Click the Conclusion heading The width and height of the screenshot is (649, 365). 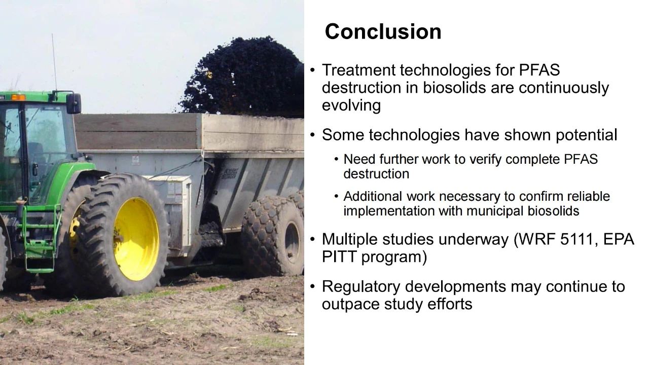click(383, 31)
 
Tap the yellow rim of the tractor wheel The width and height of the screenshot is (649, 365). click(136, 239)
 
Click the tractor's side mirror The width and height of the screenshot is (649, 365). click(74, 103)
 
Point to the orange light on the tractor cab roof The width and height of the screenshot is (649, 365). click(18, 97)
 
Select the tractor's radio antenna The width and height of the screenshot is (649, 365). click(54, 62)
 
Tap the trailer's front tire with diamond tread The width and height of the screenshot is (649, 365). click(272, 235)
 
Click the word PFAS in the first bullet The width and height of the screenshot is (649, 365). click(539, 70)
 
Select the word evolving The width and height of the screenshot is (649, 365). click(351, 105)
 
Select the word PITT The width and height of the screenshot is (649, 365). click(339, 257)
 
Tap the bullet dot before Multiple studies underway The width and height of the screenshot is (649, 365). click(312, 240)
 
